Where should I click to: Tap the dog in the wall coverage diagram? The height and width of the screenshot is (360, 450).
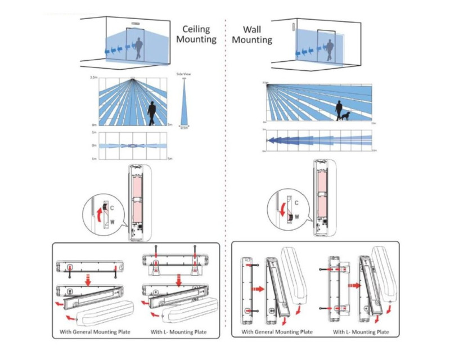coord(344,116)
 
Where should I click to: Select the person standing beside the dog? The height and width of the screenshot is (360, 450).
coord(338,109)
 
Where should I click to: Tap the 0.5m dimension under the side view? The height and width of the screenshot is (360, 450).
coord(184,128)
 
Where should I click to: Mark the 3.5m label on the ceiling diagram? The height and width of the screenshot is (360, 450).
coord(93,76)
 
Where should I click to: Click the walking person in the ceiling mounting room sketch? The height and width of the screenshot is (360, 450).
coord(138,47)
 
